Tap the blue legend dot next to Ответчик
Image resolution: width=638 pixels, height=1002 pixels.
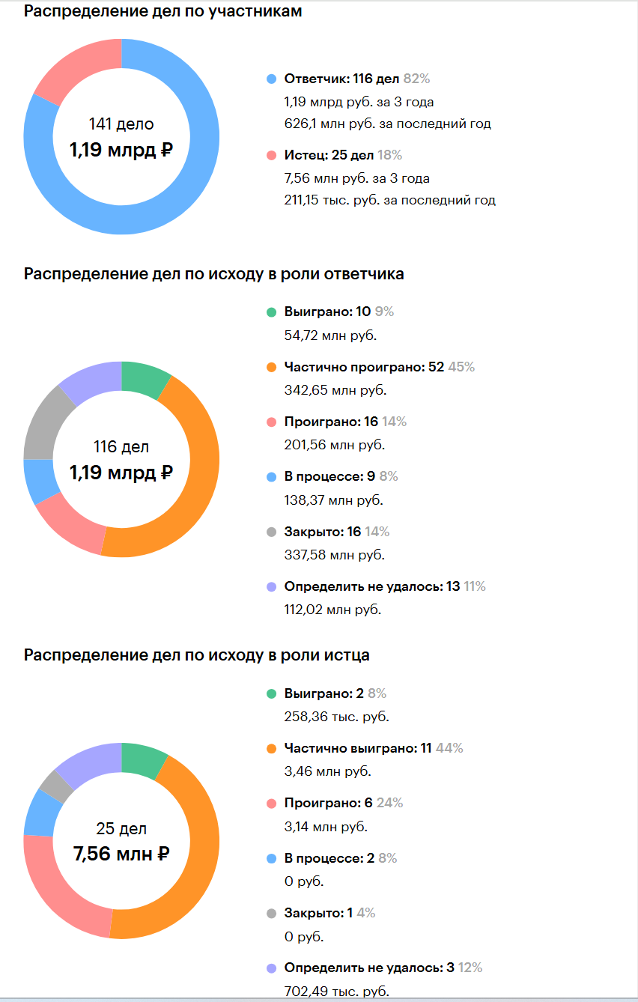[271, 79]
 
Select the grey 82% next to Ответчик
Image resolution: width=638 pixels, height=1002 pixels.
[416, 79]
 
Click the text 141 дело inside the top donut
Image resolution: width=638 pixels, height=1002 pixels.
[121, 124]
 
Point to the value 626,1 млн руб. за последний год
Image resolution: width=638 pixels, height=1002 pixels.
[387, 124]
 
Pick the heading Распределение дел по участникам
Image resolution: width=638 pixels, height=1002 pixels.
[162, 11]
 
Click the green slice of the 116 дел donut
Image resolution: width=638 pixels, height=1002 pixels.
[144, 377]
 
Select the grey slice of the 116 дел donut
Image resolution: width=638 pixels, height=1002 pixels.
[46, 425]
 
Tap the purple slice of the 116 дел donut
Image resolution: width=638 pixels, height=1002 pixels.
[91, 380]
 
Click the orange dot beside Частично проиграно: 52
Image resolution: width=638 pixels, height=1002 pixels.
[271, 367]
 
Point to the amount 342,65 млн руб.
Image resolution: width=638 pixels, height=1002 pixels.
[335, 390]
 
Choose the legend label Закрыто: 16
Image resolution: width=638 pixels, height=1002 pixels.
[323, 532]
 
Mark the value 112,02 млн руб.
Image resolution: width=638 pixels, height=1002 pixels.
[332, 610]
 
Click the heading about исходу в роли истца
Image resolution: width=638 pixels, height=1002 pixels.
[197, 655]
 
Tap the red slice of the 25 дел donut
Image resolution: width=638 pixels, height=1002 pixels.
[63, 884]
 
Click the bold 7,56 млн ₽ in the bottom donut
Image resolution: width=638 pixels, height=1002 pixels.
[121, 854]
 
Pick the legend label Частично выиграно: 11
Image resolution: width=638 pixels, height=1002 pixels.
[358, 748]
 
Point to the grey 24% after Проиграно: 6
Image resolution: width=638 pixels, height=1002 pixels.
[389, 803]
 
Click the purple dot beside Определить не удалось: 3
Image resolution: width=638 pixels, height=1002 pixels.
[271, 968]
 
